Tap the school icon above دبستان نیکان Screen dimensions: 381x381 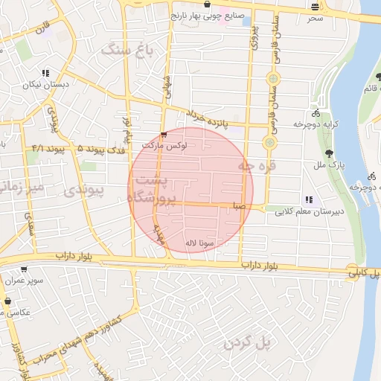tap(45, 74)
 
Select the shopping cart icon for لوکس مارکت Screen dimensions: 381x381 tap(163, 135)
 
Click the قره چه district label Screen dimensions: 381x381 tap(257, 167)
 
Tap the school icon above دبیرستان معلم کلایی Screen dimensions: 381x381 tap(308, 199)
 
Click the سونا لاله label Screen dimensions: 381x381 tap(201, 243)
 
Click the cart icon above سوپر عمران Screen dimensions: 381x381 tap(25, 270)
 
